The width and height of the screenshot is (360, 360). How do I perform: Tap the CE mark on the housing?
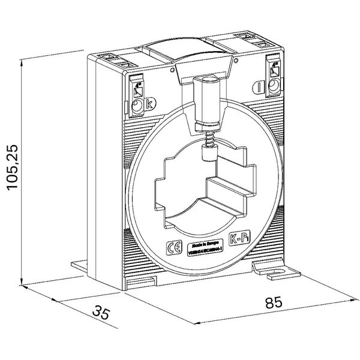[170, 247]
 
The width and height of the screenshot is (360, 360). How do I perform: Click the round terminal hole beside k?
[137, 107]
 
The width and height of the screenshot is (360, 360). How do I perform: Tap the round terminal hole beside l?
[272, 87]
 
